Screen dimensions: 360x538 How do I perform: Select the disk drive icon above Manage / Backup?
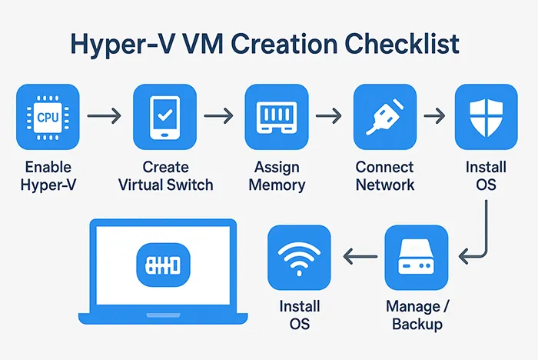click(x=417, y=257)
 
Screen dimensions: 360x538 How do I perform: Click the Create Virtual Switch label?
click(x=166, y=176)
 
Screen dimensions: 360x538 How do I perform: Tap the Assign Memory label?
click(x=277, y=176)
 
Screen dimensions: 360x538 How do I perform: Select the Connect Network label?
click(x=384, y=176)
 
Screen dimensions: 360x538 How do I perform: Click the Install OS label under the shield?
click(x=486, y=176)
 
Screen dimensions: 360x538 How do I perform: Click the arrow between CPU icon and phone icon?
click(x=105, y=117)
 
